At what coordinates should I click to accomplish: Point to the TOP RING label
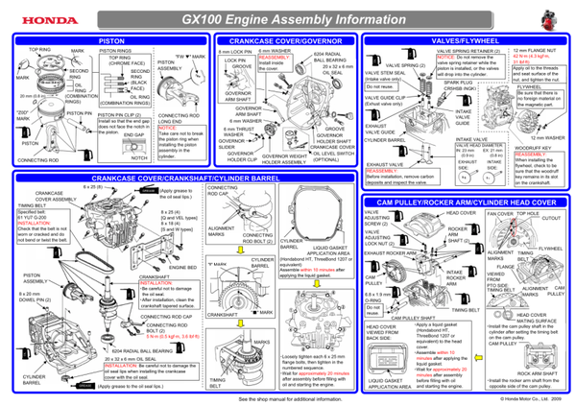(39, 48)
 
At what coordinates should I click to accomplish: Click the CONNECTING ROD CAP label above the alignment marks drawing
(228, 194)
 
